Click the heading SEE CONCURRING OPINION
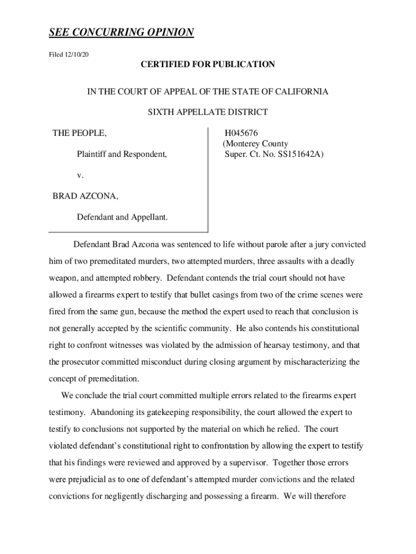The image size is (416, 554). [x=121, y=33]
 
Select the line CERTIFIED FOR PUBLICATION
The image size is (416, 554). [x=208, y=65]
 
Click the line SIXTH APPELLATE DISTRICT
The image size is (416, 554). [x=208, y=113]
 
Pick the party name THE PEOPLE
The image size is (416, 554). [x=79, y=133]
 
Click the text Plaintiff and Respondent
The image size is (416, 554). [x=122, y=155]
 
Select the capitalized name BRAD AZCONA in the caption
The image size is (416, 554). [x=85, y=196]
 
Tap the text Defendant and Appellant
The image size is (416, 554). [x=122, y=217]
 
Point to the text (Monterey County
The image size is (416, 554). [x=256, y=144]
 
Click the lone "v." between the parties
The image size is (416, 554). [x=80, y=175]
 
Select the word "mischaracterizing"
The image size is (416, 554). [x=314, y=362]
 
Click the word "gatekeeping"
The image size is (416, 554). [x=158, y=413]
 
